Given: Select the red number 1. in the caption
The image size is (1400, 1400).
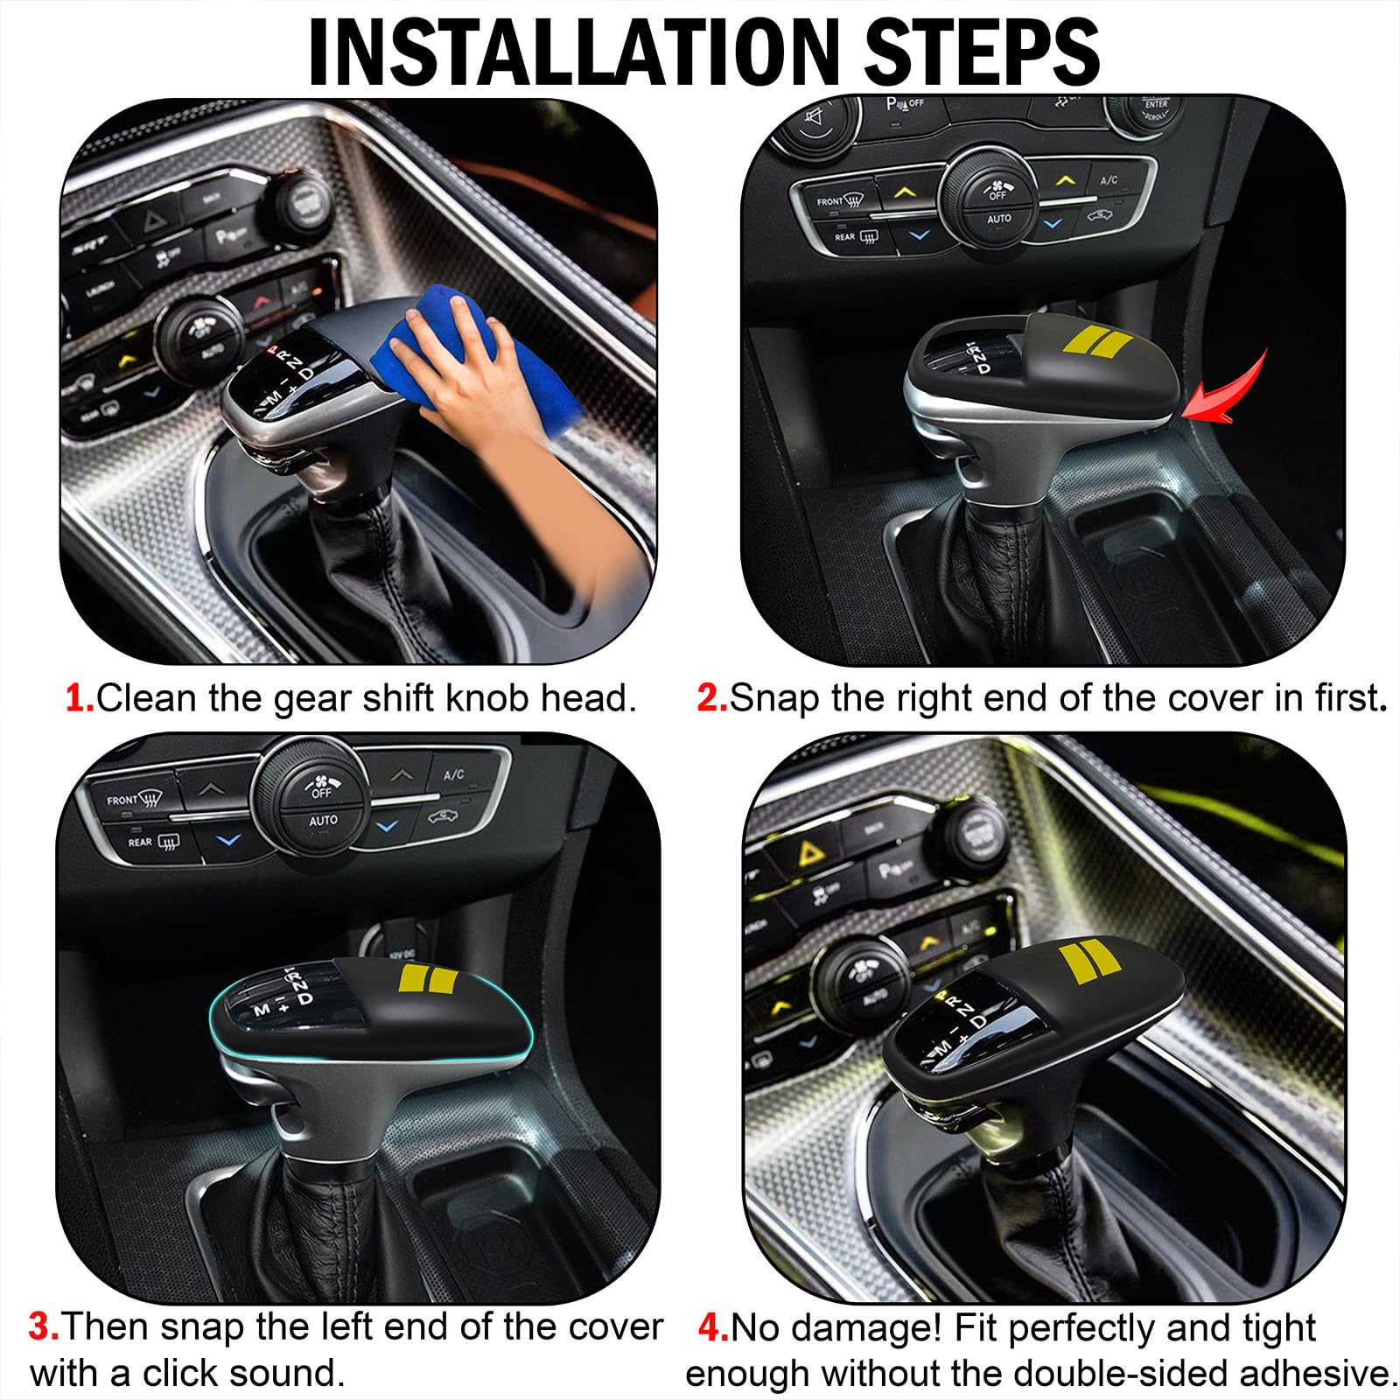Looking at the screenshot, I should pyautogui.click(x=80, y=698).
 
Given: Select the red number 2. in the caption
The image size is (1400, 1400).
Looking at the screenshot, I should pyautogui.click(x=711, y=698).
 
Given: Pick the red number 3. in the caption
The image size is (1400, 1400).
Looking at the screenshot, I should pyautogui.click(x=44, y=1326).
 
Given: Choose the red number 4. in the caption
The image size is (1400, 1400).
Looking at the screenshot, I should pyautogui.click(x=713, y=1328).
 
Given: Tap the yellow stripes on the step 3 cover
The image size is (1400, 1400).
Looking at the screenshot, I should pyautogui.click(x=428, y=979).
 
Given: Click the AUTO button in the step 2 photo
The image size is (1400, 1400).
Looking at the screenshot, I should pyautogui.click(x=999, y=219).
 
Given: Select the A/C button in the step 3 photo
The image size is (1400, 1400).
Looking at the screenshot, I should pyautogui.click(x=453, y=775).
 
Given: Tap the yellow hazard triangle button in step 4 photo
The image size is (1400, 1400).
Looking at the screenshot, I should pyautogui.click(x=808, y=851).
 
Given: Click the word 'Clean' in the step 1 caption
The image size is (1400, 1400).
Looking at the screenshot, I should pyautogui.click(x=146, y=698).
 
